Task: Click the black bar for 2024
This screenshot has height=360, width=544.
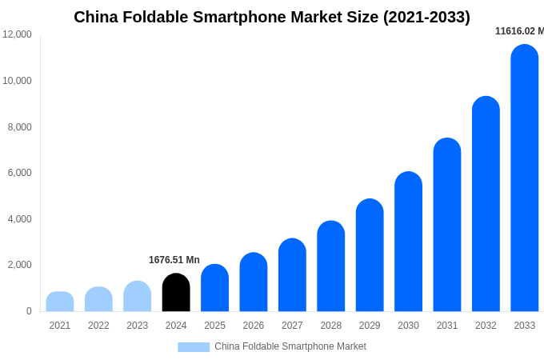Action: pos(176,293)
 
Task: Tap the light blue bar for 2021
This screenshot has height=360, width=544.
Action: pos(60,302)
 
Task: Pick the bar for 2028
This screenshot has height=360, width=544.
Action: pos(331,266)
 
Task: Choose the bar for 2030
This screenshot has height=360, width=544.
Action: pos(408,242)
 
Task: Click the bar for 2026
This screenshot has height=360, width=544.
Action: pos(254,282)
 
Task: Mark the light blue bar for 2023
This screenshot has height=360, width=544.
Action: pos(138,297)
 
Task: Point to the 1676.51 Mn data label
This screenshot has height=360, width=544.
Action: pos(174,260)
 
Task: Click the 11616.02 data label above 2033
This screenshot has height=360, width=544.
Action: pos(519,31)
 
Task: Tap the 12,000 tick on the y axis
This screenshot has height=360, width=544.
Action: pos(18,34)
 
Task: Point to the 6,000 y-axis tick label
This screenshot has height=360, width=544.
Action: pos(20,173)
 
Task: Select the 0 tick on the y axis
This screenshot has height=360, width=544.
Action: pos(29,311)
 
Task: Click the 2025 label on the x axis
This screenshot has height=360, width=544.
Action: pos(214,326)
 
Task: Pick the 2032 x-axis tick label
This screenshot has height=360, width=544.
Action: pos(486,326)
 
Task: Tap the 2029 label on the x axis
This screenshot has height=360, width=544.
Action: pos(370,326)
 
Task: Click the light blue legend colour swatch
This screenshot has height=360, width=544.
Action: pos(194,347)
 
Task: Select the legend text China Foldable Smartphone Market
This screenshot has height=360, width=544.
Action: pos(290,346)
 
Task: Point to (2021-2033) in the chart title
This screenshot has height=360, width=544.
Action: pos(426,17)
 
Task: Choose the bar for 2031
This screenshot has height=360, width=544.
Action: pos(447,225)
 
